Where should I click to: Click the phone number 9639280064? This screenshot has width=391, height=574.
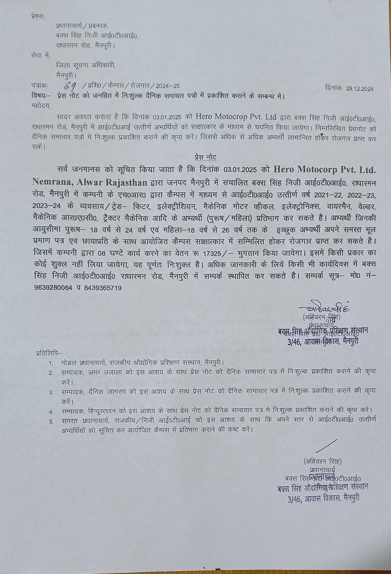coord(52,288)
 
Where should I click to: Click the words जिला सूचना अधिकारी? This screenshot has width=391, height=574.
coord(85,65)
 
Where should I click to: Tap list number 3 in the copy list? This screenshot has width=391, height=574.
coord(51,392)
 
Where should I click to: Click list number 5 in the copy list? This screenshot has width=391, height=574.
coord(51,421)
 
